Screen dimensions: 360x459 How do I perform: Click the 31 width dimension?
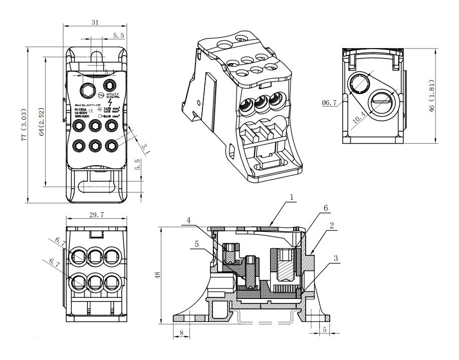tap(95, 23)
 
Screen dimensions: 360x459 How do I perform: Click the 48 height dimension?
tap(157, 275)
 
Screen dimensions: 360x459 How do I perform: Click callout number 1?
tap(291, 198)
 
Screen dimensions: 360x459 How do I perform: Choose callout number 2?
tap(332, 226)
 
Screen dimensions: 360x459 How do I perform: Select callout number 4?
tap(188, 220)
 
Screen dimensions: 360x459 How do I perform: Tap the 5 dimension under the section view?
tap(325, 329)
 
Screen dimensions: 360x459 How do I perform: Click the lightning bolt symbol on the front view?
tap(117, 103)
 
